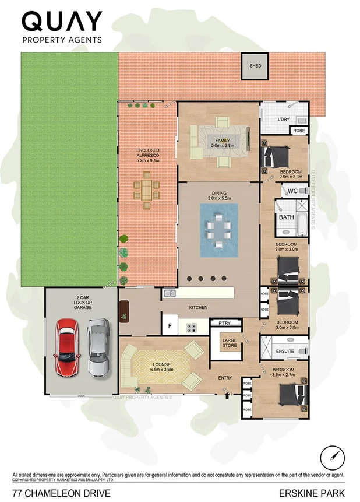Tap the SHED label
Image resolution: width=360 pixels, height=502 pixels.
256,66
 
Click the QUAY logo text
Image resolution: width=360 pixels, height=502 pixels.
62,22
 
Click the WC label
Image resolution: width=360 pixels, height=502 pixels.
293,191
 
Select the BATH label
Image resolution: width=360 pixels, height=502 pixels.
286,217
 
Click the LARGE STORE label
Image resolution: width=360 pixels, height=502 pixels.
230,343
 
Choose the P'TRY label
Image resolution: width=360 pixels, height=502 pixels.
225,322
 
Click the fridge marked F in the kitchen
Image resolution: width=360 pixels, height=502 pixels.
170,325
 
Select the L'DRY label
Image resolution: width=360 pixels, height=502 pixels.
283,120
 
